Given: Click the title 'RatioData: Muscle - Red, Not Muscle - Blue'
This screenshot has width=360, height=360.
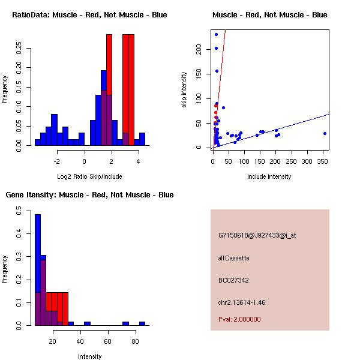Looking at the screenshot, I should tap(89, 14).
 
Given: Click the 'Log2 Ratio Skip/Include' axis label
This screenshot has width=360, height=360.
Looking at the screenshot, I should tap(89, 176).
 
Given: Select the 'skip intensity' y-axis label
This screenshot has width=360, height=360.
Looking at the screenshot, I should tap(185, 90).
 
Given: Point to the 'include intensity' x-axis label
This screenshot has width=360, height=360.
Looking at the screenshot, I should tap(269, 176).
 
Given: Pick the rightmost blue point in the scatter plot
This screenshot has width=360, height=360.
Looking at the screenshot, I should tap(325, 133).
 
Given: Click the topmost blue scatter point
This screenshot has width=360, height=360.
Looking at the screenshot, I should tap(216, 34).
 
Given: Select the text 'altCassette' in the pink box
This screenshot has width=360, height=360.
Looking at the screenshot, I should tap(233, 258).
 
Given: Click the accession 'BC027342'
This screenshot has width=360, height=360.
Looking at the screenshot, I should tap(233, 280).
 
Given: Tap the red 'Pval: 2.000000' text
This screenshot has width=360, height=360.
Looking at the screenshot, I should tap(239, 319).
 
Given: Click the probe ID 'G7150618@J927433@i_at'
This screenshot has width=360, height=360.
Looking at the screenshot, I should tap(257, 235).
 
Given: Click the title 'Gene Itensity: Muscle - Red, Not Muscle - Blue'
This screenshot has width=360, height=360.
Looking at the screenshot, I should tap(89, 195).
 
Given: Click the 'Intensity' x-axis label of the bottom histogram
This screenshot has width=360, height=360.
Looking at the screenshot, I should tap(89, 356).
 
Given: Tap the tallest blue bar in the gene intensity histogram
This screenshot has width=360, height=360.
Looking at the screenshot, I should tap(38, 270).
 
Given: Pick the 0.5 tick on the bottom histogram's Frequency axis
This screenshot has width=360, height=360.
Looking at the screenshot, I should tap(20, 211).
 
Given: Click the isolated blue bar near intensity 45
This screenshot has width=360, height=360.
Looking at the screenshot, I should tap(87, 323).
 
